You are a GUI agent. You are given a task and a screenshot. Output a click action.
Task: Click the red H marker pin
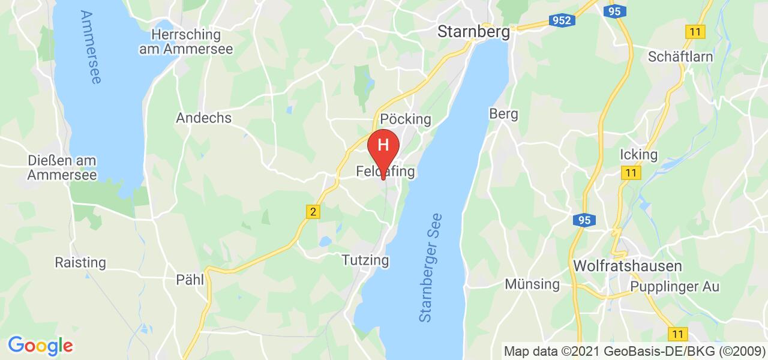click(x=383, y=148)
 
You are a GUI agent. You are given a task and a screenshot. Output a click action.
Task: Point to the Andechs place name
click(x=203, y=118)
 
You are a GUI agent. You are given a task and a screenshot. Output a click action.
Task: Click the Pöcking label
click(x=406, y=119)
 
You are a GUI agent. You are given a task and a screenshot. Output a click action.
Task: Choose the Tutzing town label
click(x=365, y=260)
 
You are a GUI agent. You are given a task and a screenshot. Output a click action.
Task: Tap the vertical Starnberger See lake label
click(x=431, y=268)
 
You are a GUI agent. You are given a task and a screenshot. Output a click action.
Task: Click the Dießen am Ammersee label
click(x=62, y=167)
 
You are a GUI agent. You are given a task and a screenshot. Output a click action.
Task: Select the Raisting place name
click(x=80, y=263)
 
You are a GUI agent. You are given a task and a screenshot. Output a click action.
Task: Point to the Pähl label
click(x=190, y=280)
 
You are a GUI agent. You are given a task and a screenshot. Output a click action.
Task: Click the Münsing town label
click(x=532, y=284)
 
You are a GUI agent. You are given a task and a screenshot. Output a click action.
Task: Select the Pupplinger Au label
click(x=674, y=287)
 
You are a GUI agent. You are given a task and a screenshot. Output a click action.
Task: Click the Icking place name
click(x=640, y=155)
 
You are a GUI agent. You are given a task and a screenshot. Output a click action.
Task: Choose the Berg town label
click(x=503, y=113)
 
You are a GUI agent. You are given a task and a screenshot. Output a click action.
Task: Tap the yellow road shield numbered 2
click(x=312, y=211)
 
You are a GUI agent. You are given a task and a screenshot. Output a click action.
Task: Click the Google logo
click(x=40, y=346)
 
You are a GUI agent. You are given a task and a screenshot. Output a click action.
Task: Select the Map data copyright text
click(x=634, y=351)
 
